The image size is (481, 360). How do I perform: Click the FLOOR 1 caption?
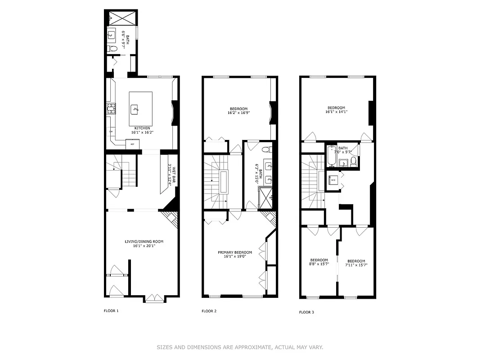pos(111,310)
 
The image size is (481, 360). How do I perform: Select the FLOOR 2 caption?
pos(209,311)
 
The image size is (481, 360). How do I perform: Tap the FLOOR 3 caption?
pos(307,312)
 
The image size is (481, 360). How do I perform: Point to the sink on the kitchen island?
pos(135,108)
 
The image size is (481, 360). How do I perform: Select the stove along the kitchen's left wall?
pos(110,108)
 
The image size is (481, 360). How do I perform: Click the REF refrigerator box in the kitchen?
pos(133,144)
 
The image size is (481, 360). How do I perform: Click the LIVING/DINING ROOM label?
pos(144,242)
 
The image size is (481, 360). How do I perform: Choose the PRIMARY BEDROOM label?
pos(235,252)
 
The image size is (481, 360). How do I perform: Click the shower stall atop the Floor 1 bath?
pos(122,18)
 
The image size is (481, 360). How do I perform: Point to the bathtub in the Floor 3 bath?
pos(332,157)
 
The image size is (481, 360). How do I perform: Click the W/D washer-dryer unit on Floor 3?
pos(333,180)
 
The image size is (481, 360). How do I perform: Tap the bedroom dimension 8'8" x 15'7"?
pos(319,264)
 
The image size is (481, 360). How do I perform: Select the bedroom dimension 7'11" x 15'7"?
pos(356,265)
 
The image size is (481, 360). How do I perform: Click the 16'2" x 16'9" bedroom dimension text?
pos(238,113)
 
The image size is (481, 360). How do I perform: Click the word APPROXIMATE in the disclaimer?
pos(252,347)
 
